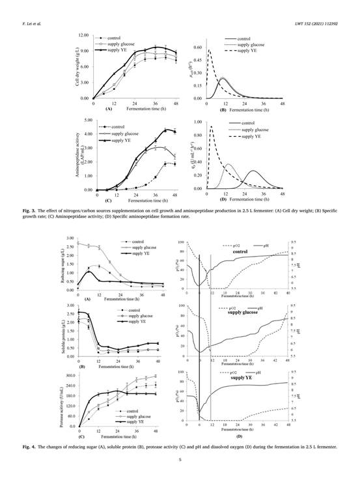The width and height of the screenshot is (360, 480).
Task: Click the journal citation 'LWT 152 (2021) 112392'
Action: click(x=324, y=24)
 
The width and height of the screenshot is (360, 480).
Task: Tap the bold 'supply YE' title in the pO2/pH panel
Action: click(x=240, y=377)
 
